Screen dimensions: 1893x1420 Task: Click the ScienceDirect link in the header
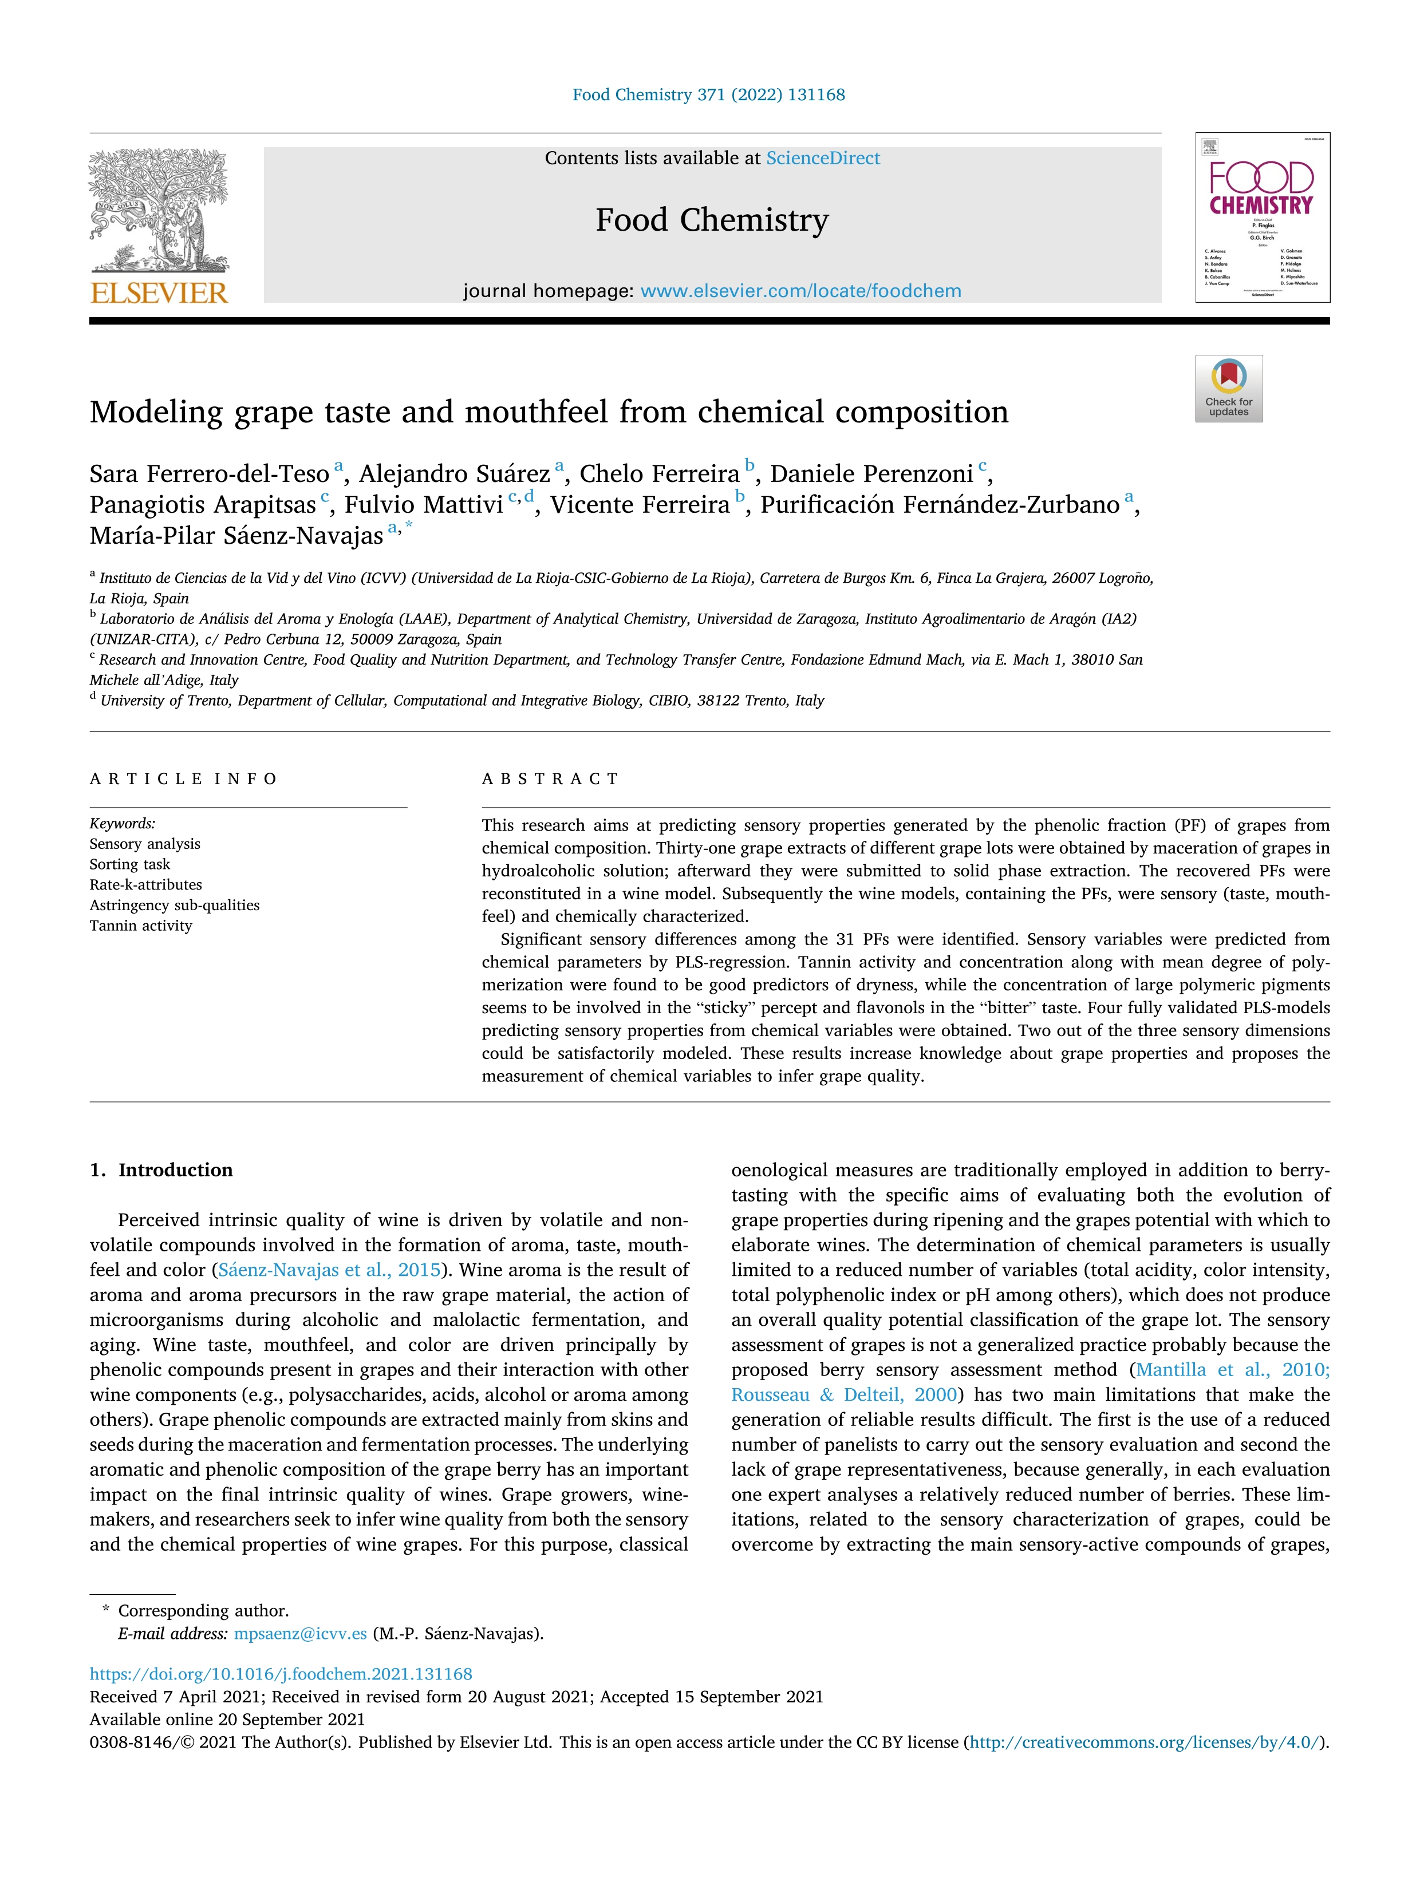point(823,159)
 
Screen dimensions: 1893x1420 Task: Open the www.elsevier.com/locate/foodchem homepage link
point(800,291)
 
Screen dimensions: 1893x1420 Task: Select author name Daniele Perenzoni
point(871,474)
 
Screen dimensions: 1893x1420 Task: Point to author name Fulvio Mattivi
point(424,505)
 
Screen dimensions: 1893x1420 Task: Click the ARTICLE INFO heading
point(183,778)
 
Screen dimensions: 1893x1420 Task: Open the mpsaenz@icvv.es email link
point(301,1634)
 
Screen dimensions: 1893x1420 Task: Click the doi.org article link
point(281,1674)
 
